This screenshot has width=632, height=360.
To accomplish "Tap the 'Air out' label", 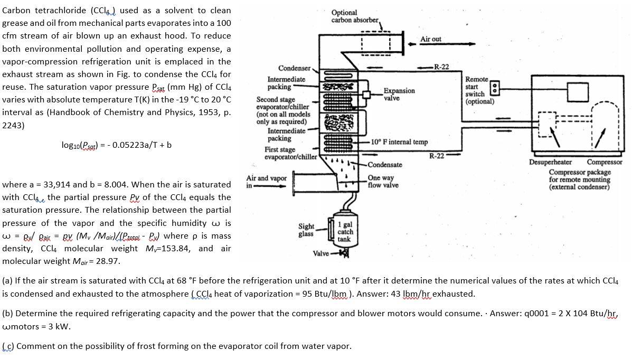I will (x=430, y=40).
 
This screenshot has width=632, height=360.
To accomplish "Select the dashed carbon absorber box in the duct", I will (x=375, y=43).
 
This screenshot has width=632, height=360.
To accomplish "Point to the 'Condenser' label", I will (x=295, y=69).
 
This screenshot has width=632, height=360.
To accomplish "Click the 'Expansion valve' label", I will (x=399, y=94).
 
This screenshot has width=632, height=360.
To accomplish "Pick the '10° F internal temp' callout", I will (x=399, y=142).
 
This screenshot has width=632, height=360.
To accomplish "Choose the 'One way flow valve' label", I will (x=383, y=182).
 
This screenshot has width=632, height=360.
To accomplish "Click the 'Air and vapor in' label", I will (x=266, y=182).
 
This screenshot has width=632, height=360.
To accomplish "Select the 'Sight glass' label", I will (x=306, y=230).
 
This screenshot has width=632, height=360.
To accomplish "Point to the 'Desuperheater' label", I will (x=551, y=162).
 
